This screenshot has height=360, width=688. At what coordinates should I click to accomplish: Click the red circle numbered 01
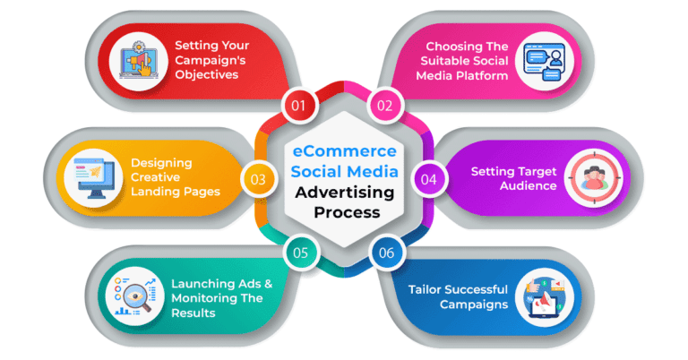pos(298,106)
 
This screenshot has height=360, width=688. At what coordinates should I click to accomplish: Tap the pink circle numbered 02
pos(385,106)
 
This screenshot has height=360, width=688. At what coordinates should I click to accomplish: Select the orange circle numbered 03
pos(258,179)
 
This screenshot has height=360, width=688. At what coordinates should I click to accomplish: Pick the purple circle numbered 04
pos(428,179)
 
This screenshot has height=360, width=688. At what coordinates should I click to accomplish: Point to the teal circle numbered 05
pos(301,253)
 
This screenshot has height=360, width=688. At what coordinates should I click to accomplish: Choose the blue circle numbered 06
pos(387,253)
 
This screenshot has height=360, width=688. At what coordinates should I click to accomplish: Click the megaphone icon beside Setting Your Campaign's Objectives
pos(138,62)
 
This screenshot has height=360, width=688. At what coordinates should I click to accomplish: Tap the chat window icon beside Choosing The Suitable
pos(544,62)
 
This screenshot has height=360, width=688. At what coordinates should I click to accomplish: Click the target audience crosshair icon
pos(593,178)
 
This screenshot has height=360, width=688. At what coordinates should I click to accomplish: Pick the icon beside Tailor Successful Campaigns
pos(544,297)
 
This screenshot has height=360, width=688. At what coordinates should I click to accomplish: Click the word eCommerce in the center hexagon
pos(344,151)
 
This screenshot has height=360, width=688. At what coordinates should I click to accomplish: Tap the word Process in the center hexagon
pos(347,212)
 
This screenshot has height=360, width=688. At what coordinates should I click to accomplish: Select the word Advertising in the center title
pos(344,193)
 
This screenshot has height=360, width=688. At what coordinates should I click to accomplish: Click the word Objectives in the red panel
pos(207,75)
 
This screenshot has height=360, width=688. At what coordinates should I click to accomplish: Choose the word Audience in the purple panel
pos(529,186)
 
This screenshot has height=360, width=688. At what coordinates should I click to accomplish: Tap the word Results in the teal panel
pos(193,313)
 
